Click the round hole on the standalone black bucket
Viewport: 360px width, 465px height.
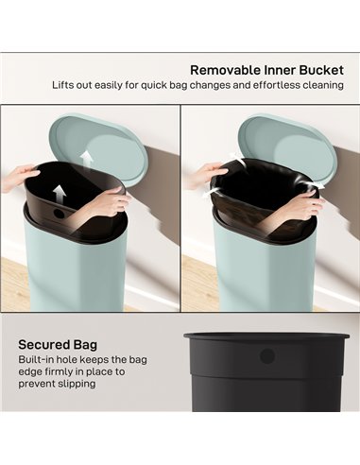pyautogui.click(x=267, y=356)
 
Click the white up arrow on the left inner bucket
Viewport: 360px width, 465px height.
pyautogui.click(x=59, y=194)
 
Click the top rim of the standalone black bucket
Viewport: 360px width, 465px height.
pyautogui.click(x=267, y=336)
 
